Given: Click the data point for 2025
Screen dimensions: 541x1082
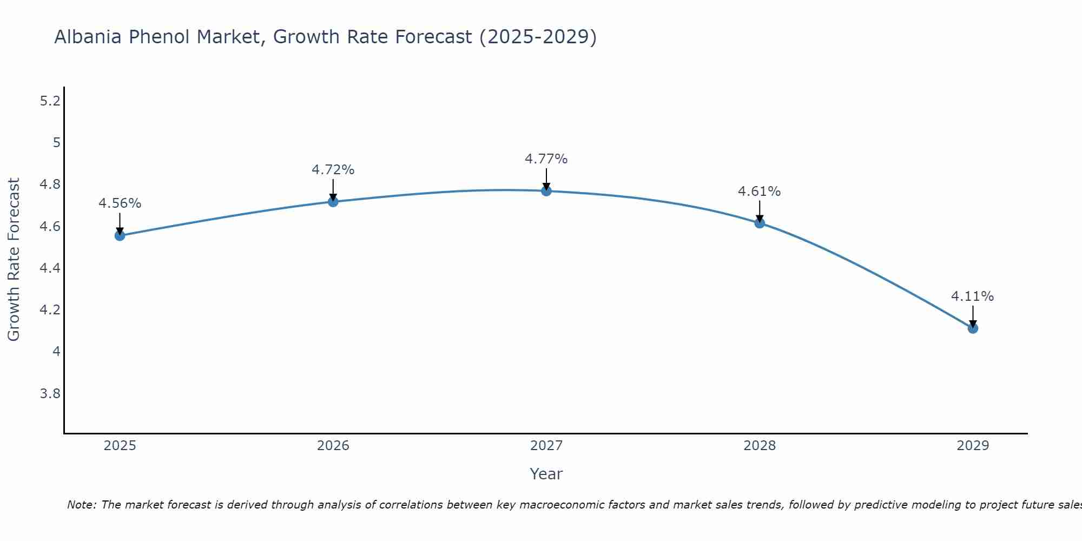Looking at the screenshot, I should point(120,235).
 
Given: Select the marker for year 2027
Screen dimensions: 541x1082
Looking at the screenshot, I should point(546,190).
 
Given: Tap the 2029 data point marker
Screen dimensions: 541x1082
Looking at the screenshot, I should point(973,328).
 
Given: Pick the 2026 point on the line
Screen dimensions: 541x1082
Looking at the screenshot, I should point(333,201).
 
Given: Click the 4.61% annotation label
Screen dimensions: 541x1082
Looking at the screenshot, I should point(759,192).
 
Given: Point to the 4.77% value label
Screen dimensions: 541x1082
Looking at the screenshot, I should point(546,159).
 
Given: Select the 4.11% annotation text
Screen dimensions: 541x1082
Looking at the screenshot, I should point(972,296).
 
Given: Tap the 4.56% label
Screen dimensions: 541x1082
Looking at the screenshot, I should point(120,203).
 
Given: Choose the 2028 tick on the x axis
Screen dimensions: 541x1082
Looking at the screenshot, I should point(759,446).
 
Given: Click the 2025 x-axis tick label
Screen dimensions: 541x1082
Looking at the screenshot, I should point(120,446).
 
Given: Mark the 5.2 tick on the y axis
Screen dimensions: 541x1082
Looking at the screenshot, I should point(50,101).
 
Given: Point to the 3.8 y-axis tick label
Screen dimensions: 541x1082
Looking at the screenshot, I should point(50,393).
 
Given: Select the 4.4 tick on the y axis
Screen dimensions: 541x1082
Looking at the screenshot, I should point(50,268).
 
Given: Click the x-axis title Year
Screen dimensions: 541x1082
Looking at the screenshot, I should point(546,474).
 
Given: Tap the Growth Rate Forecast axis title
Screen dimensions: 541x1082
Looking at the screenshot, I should point(14,260).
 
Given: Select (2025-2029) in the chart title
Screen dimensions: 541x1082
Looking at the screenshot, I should point(538,37).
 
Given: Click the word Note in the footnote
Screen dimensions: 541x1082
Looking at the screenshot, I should point(81,505).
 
